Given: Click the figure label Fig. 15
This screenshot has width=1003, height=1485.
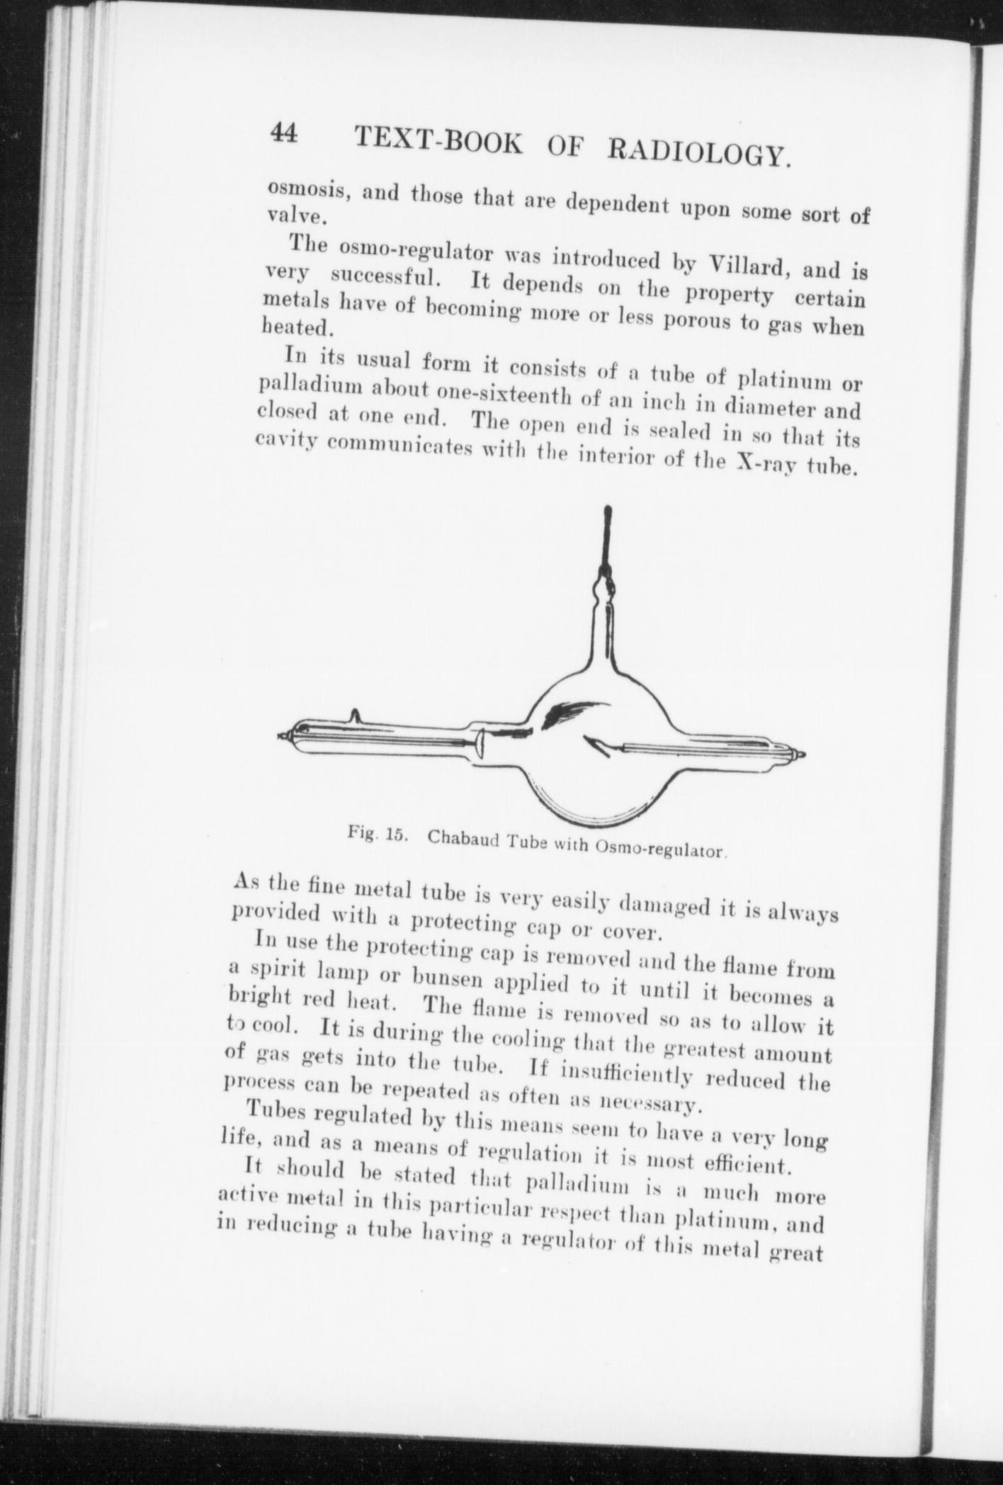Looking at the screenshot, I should click(x=375, y=832).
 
